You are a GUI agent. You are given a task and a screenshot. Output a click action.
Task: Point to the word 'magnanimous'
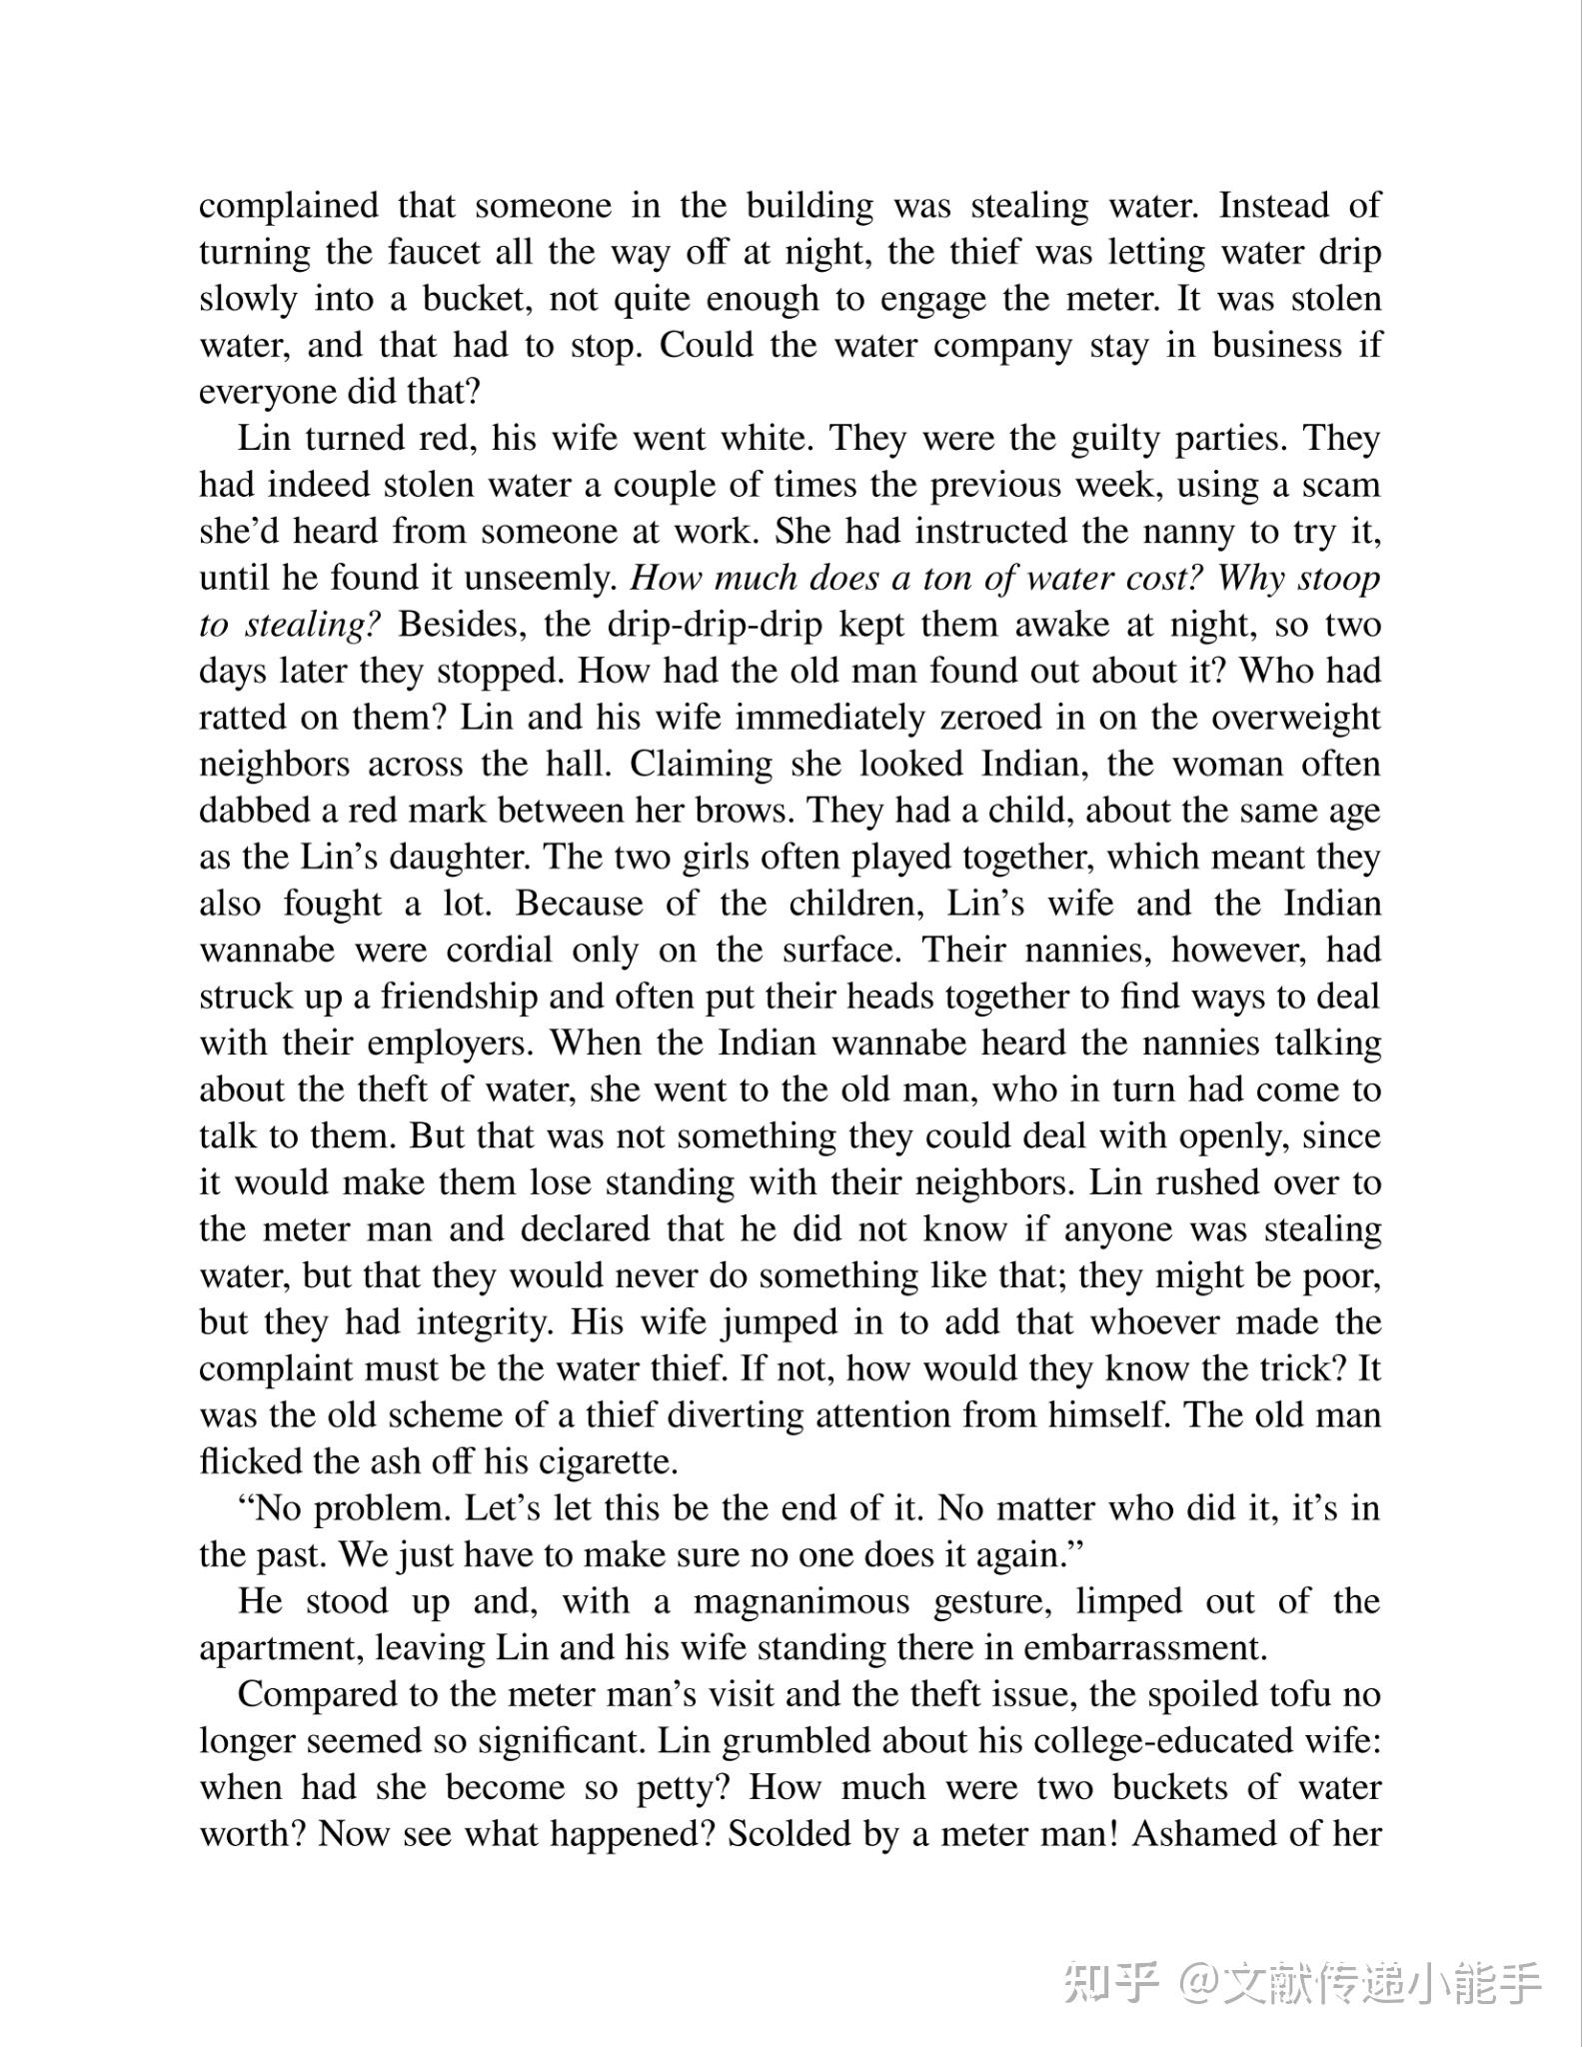pos(801,1601)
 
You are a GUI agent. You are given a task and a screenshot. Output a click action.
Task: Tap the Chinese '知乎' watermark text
pos(1110,1981)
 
